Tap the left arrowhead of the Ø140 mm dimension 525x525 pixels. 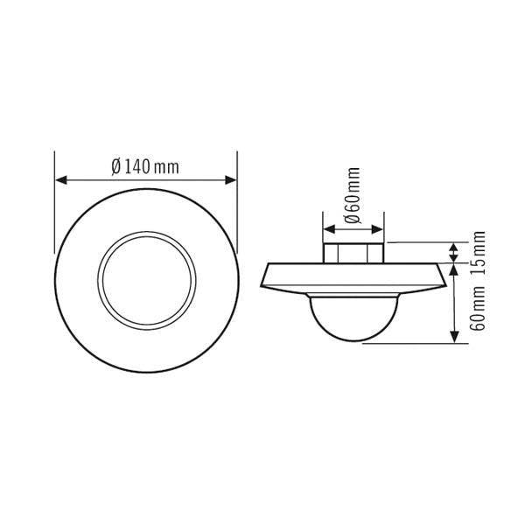point(59,180)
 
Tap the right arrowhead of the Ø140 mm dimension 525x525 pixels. point(232,180)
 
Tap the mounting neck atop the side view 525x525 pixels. point(353,251)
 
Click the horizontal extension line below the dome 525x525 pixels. point(411,344)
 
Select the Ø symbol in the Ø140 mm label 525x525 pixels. point(115,166)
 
